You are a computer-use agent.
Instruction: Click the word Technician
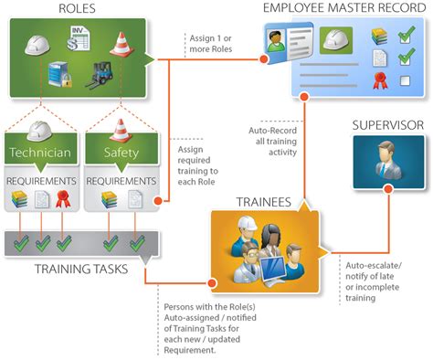click(x=37, y=151)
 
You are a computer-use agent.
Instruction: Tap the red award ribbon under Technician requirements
click(x=62, y=198)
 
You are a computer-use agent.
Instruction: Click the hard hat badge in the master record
click(x=334, y=39)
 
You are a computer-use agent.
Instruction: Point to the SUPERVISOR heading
click(x=387, y=123)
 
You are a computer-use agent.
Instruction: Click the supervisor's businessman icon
click(x=388, y=162)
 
